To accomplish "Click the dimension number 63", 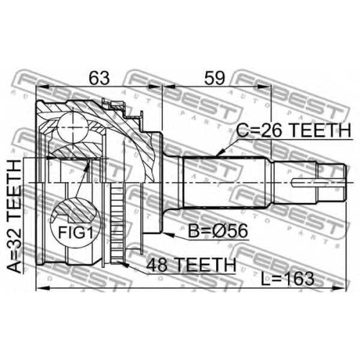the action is pos(99,78).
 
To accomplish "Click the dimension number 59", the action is pos(215,78).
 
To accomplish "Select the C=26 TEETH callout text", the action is pos(293,130).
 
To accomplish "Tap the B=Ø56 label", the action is pos(217,231).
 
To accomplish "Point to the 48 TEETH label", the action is pos(192,265).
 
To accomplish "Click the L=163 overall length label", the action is pos(287,279).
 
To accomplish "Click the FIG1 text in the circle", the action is pos(76,233).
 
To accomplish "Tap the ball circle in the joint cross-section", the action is pos(73,127).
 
